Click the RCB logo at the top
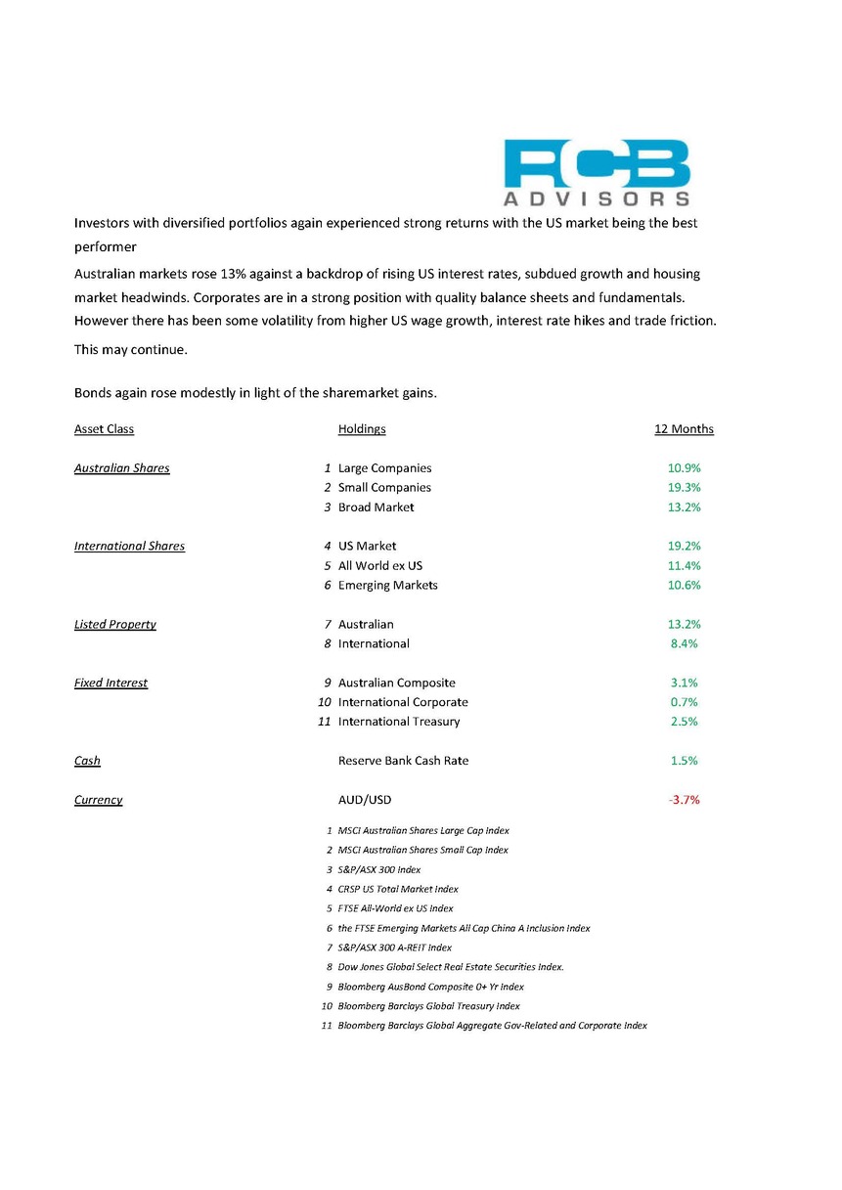(x=598, y=163)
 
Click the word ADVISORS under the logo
(x=598, y=198)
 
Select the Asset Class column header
(x=104, y=429)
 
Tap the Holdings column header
(x=362, y=429)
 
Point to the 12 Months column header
(x=684, y=429)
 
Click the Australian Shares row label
(x=122, y=468)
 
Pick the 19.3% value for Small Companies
(x=684, y=488)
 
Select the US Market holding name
(x=367, y=547)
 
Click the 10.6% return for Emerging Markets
(x=684, y=586)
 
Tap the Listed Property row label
(x=115, y=625)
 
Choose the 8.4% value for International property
(x=684, y=644)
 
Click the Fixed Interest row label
(x=111, y=683)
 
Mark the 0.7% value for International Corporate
(x=684, y=703)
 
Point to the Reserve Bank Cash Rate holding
(x=403, y=761)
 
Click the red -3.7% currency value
(x=684, y=800)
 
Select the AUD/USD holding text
(x=365, y=800)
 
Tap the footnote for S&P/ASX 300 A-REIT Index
(x=394, y=948)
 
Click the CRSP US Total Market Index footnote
(x=398, y=889)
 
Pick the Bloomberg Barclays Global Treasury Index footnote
(x=428, y=1006)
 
